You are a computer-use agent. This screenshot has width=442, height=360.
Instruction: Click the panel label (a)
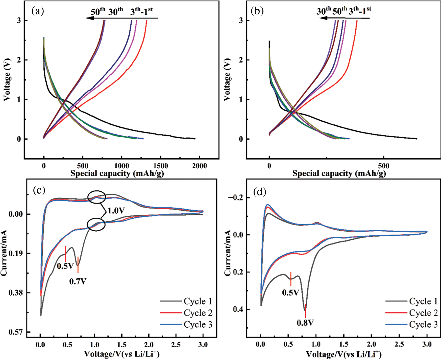pyautogui.click(x=38, y=11)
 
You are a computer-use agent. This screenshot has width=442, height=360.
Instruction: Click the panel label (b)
pyautogui.click(x=257, y=11)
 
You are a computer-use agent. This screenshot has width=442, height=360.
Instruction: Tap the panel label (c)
pyautogui.click(x=39, y=190)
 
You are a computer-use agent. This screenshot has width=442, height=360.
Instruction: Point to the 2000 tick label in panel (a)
pyautogui.click(x=199, y=166)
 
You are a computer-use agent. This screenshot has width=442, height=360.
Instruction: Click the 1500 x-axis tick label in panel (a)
pyautogui.click(x=160, y=166)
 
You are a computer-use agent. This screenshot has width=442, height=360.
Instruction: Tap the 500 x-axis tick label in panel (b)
pyautogui.click(x=383, y=166)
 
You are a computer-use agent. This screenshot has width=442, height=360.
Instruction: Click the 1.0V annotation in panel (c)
pyautogui.click(x=116, y=210)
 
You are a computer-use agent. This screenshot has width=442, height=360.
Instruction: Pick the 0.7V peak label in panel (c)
pyautogui.click(x=78, y=281)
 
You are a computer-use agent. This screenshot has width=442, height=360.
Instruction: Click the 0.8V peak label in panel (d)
pyautogui.click(x=305, y=323)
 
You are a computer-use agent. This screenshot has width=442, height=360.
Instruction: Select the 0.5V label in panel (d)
pyautogui.click(x=290, y=293)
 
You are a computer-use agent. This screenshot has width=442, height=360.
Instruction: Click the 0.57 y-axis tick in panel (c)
pyautogui.click(x=16, y=332)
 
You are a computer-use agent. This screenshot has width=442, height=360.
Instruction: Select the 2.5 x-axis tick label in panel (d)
pyautogui.click(x=399, y=344)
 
